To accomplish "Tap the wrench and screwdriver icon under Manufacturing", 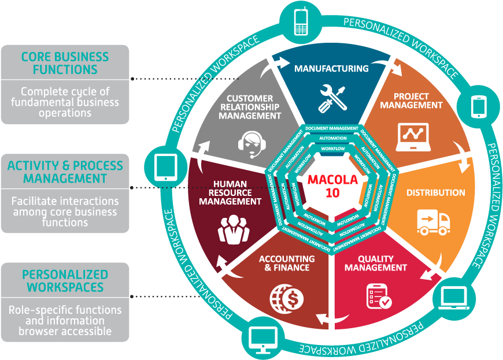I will [x=331, y=98].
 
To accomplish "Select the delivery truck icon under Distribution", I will [x=433, y=222].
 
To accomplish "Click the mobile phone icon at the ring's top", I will [x=301, y=23].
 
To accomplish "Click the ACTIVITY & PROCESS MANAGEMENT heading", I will [x=65, y=172].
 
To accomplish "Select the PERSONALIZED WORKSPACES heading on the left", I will [x=65, y=280].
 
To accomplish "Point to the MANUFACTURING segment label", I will [x=331, y=69].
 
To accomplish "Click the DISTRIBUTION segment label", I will [x=435, y=192].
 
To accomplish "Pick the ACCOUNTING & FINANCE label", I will [x=287, y=263].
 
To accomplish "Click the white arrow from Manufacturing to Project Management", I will [x=387, y=65].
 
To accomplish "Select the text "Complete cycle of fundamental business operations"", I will [x=65, y=102].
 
